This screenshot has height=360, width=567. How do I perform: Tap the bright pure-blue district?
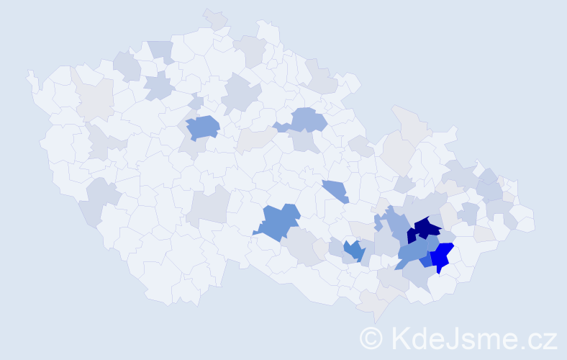click(x=443, y=256)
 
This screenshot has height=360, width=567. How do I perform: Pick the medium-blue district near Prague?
click(x=202, y=127)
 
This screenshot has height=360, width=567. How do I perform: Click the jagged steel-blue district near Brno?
click(x=353, y=250)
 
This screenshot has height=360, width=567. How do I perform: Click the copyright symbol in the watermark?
click(x=371, y=337)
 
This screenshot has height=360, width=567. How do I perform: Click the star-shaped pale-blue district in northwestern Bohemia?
click(x=159, y=87)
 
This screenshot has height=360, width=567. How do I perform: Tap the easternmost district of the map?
click(x=525, y=219)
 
